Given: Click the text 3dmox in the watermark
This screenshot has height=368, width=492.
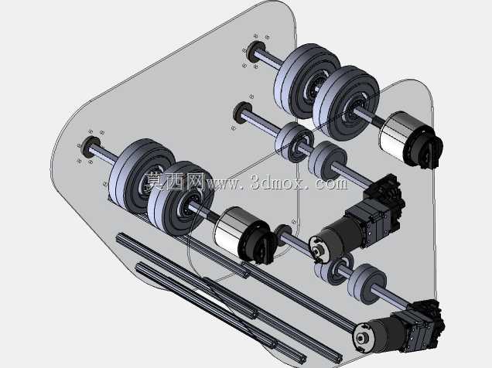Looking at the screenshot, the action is click(277, 182).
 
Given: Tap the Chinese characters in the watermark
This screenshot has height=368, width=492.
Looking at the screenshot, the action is click(174, 182).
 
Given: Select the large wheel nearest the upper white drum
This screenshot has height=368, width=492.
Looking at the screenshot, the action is click(346, 102).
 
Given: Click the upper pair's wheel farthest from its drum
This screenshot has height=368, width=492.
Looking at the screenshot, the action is click(306, 80).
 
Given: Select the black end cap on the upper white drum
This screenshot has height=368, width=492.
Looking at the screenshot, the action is click(425, 148).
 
